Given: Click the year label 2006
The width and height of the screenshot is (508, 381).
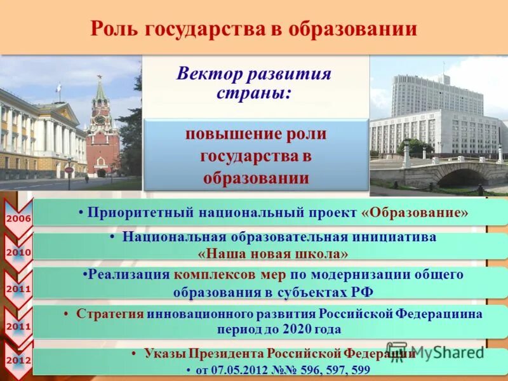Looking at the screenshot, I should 18,218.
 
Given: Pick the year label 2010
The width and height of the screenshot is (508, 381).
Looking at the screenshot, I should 18,252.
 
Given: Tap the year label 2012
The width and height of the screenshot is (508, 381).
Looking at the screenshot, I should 18,360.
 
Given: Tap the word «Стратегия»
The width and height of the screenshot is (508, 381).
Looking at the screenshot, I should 110,314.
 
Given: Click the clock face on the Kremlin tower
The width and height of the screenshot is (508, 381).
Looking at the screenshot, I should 100,119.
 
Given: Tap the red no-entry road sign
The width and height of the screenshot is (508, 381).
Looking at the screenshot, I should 69,170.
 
